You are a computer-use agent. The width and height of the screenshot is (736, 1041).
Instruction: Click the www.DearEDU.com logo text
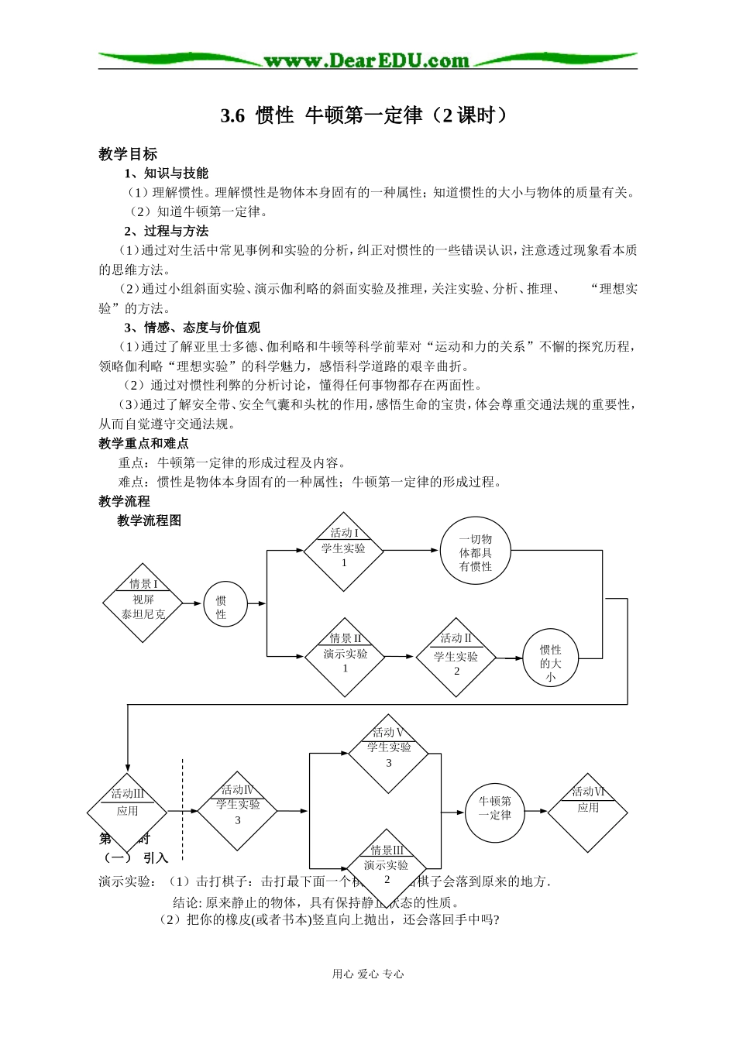pos(366,60)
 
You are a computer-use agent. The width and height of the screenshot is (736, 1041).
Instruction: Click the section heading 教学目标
pos(128,154)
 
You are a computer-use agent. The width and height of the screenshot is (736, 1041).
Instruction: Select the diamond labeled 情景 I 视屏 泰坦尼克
pos(143,603)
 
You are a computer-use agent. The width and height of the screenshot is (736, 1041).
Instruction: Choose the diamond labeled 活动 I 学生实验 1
pos(344,551)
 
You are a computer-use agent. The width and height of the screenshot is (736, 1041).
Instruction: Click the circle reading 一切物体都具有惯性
pos(475,551)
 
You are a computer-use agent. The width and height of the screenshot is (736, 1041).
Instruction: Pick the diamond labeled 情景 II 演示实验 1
pos(345,657)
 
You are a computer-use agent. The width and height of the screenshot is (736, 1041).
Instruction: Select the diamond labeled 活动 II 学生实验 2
pos(456,658)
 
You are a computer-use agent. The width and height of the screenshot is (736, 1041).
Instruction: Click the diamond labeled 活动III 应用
pos(127,811)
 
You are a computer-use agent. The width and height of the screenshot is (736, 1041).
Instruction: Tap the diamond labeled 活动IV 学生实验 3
pos(237,810)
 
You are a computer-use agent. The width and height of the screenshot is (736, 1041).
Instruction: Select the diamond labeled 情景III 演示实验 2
pos(387,865)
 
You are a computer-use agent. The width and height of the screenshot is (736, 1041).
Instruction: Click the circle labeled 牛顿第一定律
pos(494,811)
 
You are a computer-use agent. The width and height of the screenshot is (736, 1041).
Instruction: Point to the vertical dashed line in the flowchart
pos(183,806)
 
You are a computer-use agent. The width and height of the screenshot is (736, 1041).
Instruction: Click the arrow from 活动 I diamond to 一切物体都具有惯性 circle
pos(411,551)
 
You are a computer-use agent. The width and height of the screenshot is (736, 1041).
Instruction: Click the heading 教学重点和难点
pos(143,443)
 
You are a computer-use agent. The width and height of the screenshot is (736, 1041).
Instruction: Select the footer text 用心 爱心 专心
pos(368,974)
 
